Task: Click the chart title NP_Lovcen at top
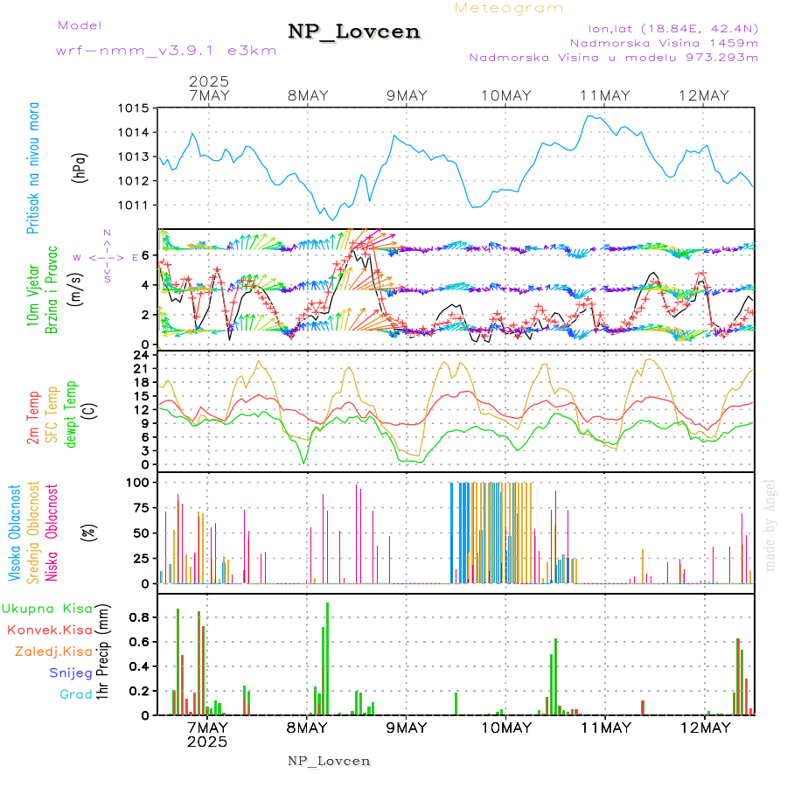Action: click(354, 32)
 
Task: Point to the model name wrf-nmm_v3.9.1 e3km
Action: click(166, 51)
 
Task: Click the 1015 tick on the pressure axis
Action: click(135, 108)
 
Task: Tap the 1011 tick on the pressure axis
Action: click(135, 205)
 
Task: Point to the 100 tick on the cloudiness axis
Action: click(138, 482)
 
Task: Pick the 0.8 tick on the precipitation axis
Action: click(140, 617)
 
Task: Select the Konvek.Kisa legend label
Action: click(49, 630)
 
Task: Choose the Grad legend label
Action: click(75, 694)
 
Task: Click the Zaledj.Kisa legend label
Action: click(52, 651)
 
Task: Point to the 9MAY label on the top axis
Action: click(406, 95)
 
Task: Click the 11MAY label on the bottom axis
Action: click(604, 728)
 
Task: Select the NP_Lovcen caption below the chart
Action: click(329, 761)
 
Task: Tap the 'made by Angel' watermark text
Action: click(770, 525)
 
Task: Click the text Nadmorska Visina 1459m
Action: click(664, 42)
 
